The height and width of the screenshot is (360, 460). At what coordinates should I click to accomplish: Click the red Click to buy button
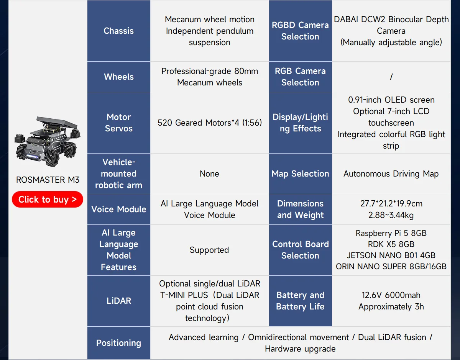click(x=48, y=200)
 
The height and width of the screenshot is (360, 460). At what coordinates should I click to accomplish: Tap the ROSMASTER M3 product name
click(x=48, y=180)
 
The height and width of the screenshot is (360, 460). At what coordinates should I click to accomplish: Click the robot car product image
click(x=48, y=141)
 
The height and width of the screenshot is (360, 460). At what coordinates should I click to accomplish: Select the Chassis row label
click(x=119, y=31)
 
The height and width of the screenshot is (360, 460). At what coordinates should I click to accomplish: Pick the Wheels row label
click(x=119, y=77)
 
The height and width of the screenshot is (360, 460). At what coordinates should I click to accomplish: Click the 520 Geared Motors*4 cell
click(x=210, y=123)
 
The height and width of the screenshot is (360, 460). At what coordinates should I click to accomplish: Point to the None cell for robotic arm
click(x=209, y=174)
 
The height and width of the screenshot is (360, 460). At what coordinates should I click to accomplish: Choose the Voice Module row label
click(x=119, y=209)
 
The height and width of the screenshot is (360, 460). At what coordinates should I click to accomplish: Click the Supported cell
click(x=209, y=250)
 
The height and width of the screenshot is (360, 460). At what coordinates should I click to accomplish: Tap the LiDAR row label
click(x=119, y=301)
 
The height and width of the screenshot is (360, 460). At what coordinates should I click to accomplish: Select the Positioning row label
click(x=119, y=343)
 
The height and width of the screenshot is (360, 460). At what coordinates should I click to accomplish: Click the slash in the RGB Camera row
click(x=391, y=77)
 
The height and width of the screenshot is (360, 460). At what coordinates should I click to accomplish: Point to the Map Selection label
click(x=301, y=174)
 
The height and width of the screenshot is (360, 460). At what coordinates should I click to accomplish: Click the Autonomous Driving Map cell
click(x=391, y=174)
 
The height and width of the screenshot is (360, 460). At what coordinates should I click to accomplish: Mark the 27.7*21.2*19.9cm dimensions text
click(x=391, y=204)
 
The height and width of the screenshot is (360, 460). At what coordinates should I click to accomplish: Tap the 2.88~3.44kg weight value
click(x=391, y=215)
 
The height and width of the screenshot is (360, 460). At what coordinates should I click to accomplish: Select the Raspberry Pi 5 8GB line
click(x=391, y=233)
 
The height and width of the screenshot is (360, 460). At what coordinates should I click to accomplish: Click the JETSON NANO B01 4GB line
click(x=391, y=255)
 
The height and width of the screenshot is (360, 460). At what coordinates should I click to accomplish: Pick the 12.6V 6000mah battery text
click(x=391, y=295)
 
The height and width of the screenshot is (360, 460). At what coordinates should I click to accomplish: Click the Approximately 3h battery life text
click(x=391, y=307)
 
